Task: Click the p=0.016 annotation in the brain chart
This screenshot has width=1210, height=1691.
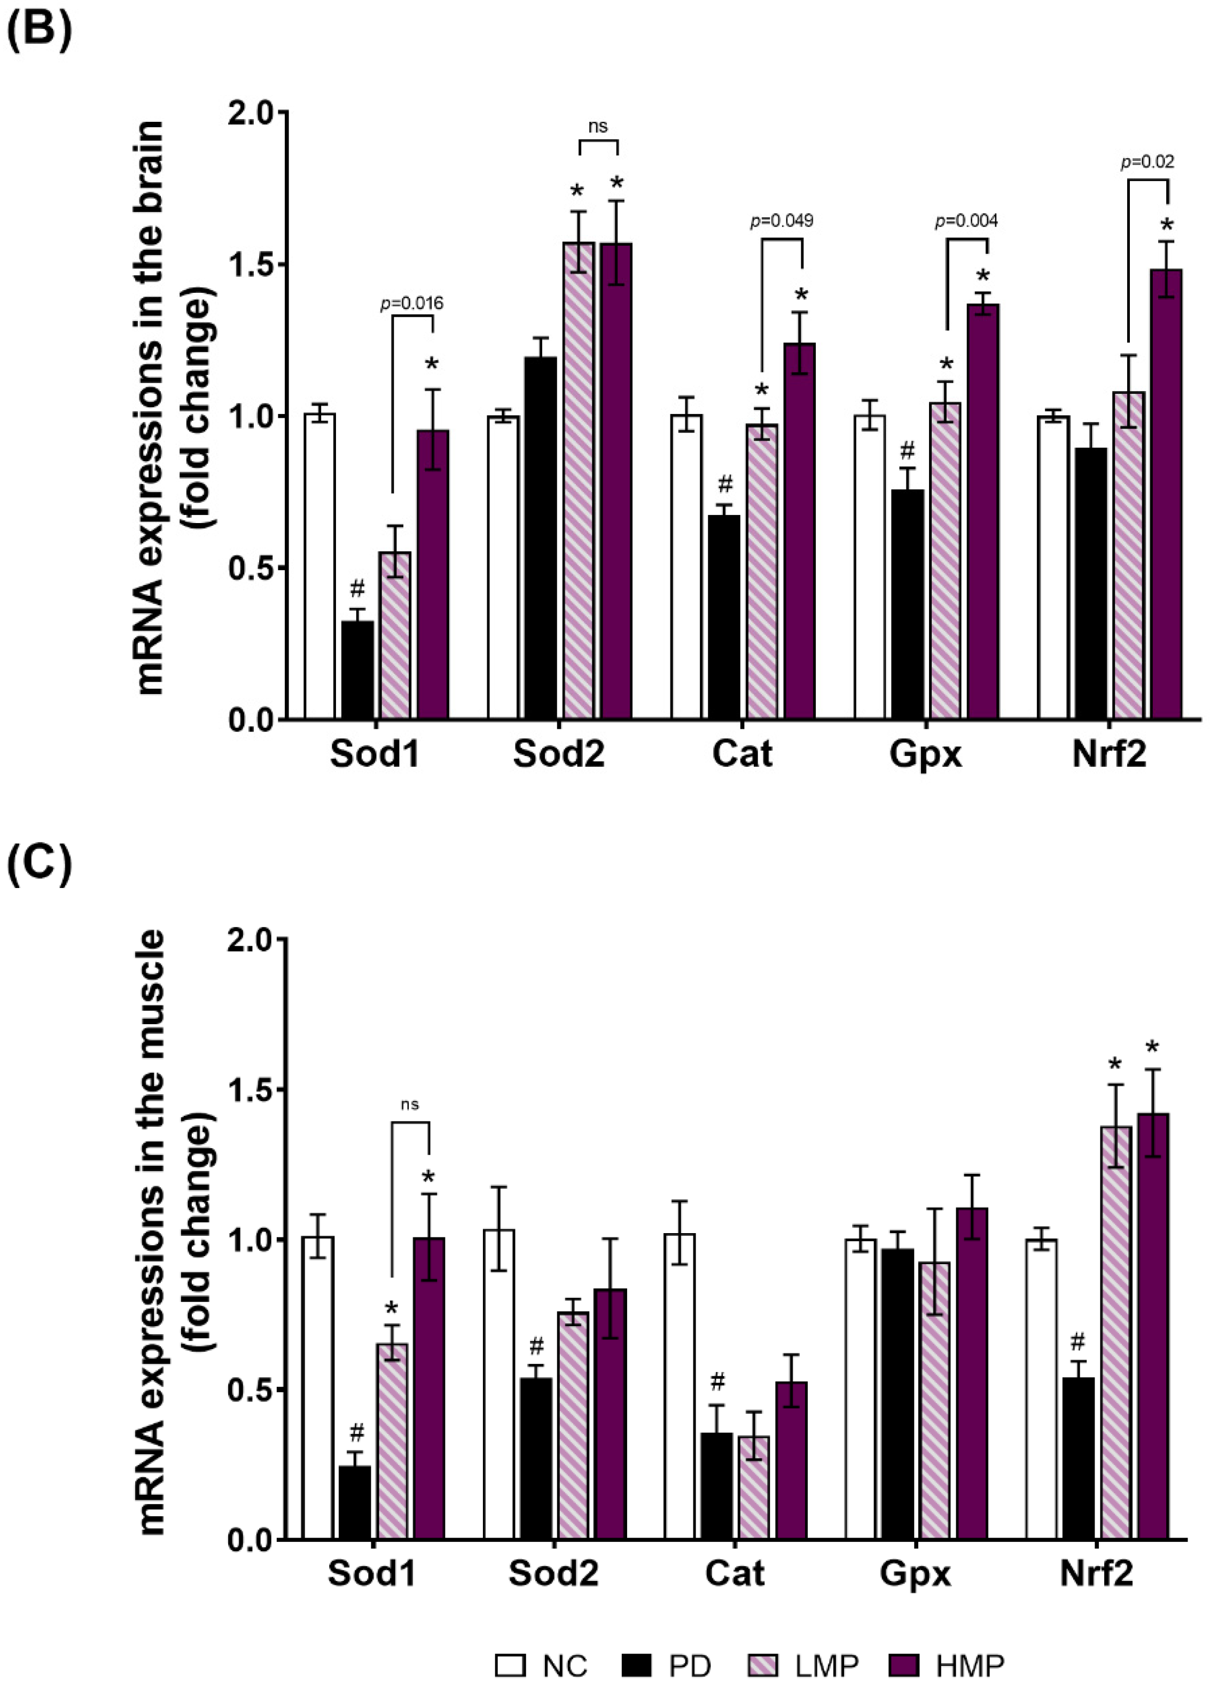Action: (411, 303)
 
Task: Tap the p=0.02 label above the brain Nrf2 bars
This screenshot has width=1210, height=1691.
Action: (1147, 162)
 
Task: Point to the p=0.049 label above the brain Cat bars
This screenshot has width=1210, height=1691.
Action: (781, 221)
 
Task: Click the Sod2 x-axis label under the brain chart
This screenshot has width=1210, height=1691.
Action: (558, 755)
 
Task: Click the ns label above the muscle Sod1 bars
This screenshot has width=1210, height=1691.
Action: (410, 1104)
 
